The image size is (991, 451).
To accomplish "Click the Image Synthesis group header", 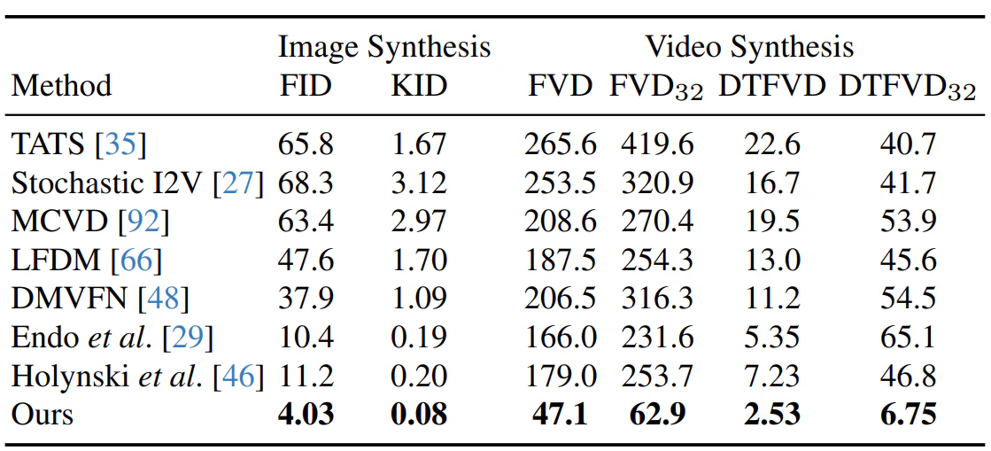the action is pos(384,48).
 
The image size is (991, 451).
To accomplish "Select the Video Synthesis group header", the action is pos(749,47).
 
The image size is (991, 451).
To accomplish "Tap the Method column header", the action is pos(61,85).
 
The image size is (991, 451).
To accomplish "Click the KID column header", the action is pos(419,85).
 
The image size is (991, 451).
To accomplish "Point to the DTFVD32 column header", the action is pos(907,88).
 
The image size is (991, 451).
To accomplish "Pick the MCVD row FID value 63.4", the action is pos(306,221).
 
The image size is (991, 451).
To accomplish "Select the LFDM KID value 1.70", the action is pos(419,260).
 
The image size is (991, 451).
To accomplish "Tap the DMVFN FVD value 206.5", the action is pos(560,298).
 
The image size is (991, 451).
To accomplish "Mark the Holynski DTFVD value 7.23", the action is pos(771,377).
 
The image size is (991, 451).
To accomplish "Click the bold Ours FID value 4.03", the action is pos(306,415).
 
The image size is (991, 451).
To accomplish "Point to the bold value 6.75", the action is pos(907,415).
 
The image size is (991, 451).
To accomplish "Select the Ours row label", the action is pos(43,415).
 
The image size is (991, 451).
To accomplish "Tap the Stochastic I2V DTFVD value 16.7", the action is pos(771,183).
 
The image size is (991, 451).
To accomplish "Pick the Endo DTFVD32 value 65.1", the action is pos(907,338).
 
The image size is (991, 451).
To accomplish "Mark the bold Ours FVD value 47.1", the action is pos(560,415).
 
